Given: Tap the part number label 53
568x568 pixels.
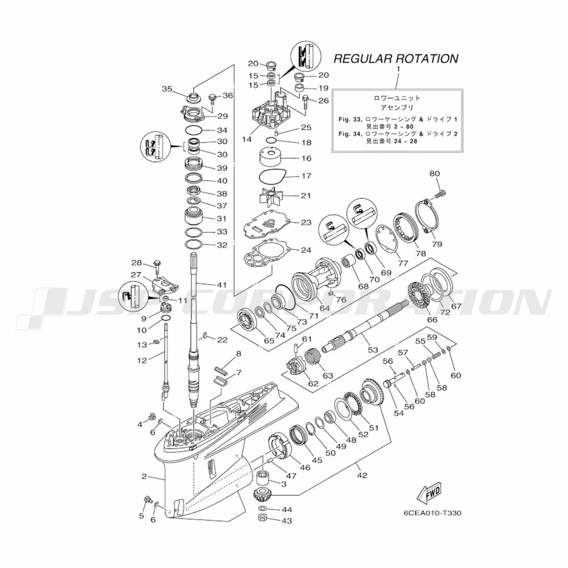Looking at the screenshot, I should (373, 350).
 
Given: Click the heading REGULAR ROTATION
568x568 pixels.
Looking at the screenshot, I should (395, 59).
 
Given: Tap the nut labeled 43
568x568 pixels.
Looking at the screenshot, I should (264, 519).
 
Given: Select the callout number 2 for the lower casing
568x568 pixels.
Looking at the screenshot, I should (144, 476).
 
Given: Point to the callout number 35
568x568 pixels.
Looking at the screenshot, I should (166, 89).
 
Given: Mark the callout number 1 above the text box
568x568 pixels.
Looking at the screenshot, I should (398, 69).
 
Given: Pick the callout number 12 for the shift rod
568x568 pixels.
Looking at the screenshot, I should (143, 360).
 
